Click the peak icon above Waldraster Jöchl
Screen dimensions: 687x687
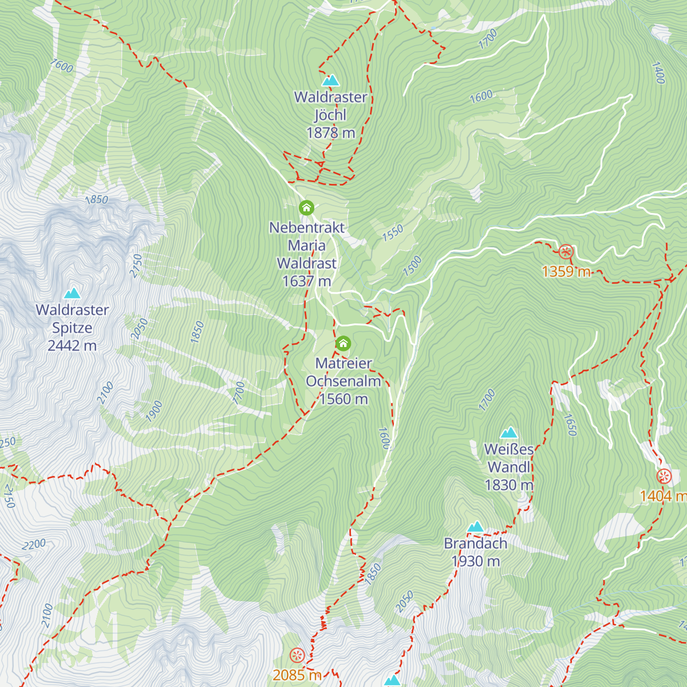330,80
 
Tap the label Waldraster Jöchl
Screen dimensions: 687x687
330,106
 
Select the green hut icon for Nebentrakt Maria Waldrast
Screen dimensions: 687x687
307,207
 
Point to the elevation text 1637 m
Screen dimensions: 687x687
307,281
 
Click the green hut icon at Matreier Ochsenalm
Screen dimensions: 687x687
343,343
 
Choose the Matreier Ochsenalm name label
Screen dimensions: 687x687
343,372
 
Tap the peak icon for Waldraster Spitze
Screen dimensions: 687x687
72,294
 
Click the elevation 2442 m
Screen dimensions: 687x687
72,346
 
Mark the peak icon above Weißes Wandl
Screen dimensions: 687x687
508,432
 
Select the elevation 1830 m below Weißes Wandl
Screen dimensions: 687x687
509,485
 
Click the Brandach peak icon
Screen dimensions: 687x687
475,527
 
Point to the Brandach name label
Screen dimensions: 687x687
476,543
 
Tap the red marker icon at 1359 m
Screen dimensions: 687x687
566,252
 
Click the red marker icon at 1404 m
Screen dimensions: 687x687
664,476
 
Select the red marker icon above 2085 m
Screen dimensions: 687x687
297,655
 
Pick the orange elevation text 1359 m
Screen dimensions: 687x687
566,271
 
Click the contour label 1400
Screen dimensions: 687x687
658,73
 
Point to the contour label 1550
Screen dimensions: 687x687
393,233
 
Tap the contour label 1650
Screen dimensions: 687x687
570,425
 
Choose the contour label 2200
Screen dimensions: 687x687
34,544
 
